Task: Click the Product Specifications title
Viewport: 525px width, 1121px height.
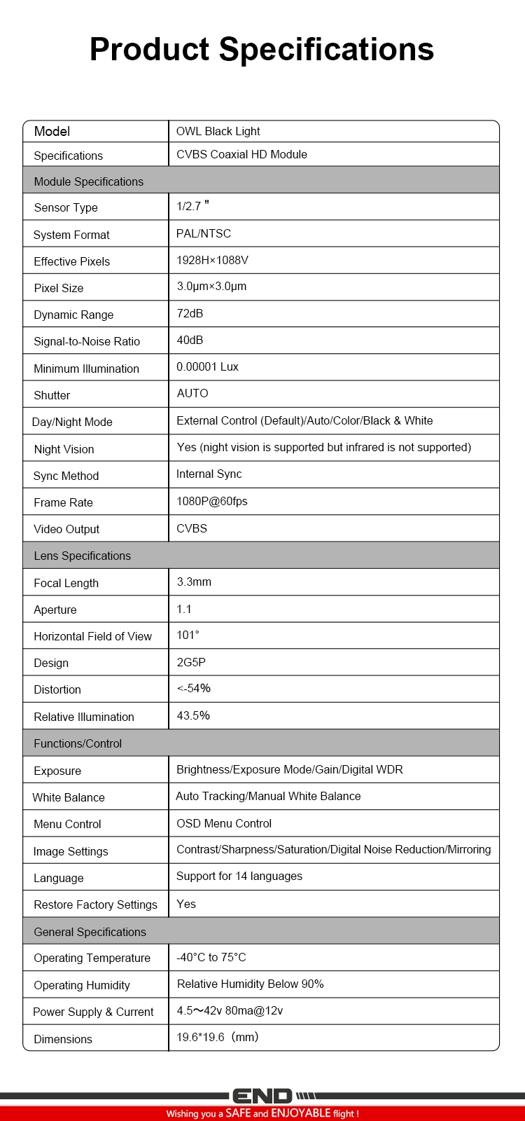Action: pos(262,50)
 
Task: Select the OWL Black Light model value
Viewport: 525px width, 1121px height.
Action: pos(218,131)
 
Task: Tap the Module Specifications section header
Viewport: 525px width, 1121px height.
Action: pos(88,181)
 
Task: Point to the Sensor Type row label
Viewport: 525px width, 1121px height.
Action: pos(66,207)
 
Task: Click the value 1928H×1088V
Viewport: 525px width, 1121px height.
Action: pos(212,260)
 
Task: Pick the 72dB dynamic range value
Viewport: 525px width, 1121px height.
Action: pos(190,313)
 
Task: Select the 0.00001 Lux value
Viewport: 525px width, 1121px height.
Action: pos(207,366)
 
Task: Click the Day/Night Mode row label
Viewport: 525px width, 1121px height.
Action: pos(72,422)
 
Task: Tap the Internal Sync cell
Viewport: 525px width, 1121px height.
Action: pos(209,474)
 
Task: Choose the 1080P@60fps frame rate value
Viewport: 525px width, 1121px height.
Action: pos(211,501)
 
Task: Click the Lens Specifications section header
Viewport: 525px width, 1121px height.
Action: pos(82,556)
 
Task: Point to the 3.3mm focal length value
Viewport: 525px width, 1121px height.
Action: pos(194,582)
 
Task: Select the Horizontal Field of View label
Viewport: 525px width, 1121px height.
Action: pos(92,636)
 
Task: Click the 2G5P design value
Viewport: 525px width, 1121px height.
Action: pos(191,662)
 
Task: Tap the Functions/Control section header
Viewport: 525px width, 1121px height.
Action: pos(78,743)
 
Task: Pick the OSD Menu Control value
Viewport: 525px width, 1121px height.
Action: pos(224,823)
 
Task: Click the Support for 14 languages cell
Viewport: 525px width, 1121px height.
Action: pos(239,876)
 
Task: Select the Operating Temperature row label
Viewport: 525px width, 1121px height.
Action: pos(92,958)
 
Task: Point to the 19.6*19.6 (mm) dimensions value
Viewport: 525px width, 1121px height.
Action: pos(217,1037)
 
